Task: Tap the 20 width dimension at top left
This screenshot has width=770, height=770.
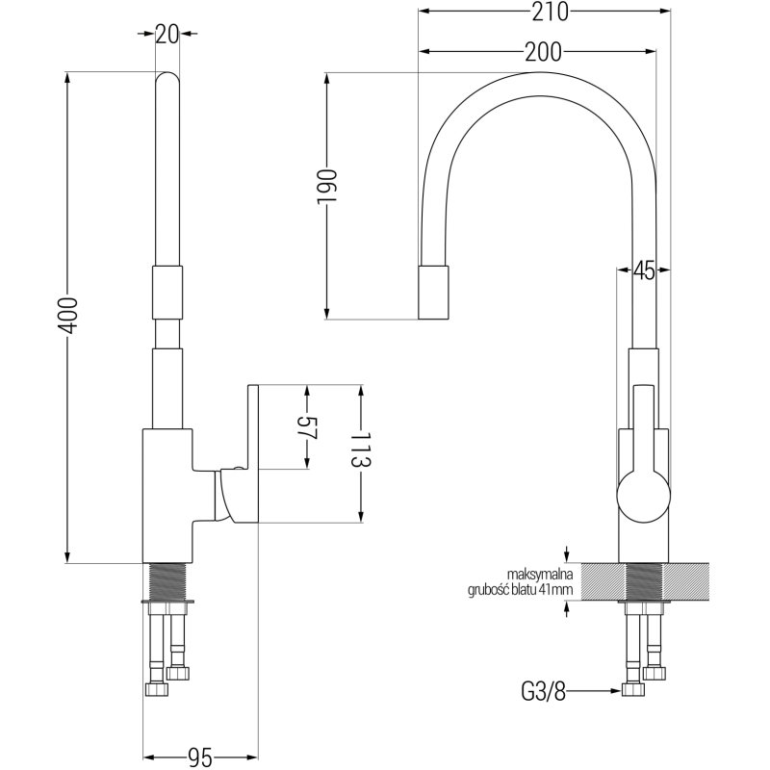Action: [x=167, y=34]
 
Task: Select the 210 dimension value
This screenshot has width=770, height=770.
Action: [x=545, y=13]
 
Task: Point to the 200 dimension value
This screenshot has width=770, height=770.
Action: [x=545, y=52]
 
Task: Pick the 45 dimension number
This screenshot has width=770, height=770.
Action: [x=644, y=272]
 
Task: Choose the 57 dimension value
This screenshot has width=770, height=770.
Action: [x=306, y=428]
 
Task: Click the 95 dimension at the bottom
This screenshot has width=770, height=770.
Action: [x=200, y=757]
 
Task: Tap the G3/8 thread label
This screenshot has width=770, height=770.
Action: [x=544, y=690]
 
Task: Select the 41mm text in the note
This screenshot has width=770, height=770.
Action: [x=556, y=589]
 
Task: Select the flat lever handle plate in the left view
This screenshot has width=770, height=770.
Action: [x=254, y=452]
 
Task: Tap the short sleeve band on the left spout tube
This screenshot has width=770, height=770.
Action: [x=167, y=294]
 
